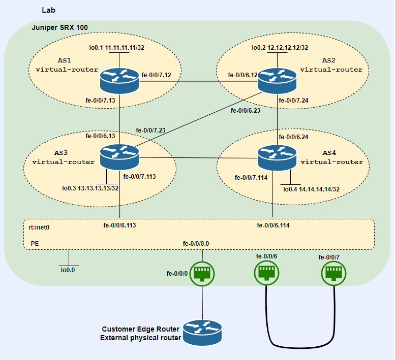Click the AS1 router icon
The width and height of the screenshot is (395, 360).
click(119, 80)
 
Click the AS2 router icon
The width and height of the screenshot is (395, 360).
click(278, 80)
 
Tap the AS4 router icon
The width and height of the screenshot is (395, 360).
click(278, 157)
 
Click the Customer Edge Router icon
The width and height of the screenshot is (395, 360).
click(203, 333)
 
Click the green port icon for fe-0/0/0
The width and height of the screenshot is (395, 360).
click(202, 273)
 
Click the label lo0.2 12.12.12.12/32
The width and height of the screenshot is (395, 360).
click(280, 48)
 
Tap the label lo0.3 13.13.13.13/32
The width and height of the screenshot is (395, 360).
click(90, 188)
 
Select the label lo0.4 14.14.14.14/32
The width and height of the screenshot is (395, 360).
click(311, 189)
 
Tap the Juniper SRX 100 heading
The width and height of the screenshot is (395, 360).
click(63, 27)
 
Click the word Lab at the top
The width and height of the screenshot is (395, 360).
click(49, 10)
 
